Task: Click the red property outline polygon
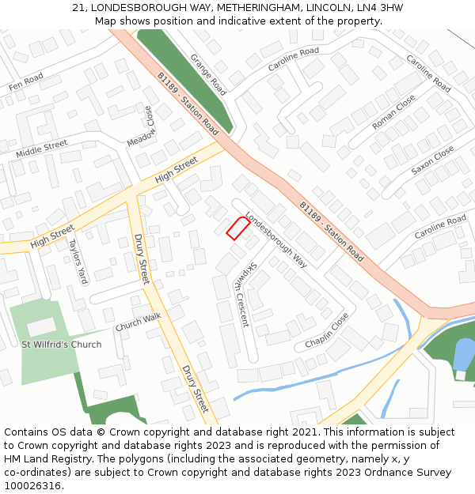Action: pos(237,228)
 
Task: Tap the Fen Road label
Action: pos(25,80)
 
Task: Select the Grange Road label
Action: pos(208,74)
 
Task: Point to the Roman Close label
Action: pos(393,112)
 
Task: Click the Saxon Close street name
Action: pos(432,160)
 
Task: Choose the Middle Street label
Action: pos(42,148)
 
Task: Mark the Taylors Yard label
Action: pos(77,262)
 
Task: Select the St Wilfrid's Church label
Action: pos(62,345)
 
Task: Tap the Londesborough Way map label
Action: pos(275,239)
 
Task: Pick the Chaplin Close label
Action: pos(327,331)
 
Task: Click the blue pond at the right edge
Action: pos(465,353)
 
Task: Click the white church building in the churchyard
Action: pos(41,326)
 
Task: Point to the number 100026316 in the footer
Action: pos(32,485)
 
